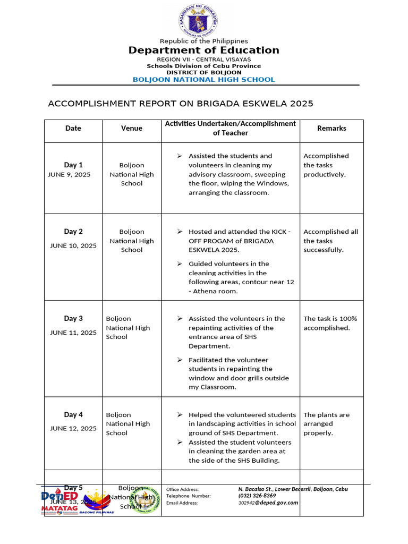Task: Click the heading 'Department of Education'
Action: [203, 50]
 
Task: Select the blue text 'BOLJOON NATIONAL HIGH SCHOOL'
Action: [203, 80]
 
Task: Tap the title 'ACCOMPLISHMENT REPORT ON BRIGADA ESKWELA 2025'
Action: [181, 104]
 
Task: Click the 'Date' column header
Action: [73, 129]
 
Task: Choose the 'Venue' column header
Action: [132, 129]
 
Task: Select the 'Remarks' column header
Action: [331, 129]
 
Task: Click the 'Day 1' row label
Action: [73, 165]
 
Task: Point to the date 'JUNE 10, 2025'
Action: [73, 246]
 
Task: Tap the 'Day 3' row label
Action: [73, 319]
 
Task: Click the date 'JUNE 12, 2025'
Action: [73, 429]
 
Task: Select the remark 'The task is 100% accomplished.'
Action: [330, 324]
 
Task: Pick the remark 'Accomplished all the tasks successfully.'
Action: [330, 241]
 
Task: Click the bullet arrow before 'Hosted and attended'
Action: [180, 232]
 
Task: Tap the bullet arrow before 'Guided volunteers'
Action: [180, 264]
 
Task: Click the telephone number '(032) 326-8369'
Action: [257, 496]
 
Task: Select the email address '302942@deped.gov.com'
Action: [268, 503]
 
